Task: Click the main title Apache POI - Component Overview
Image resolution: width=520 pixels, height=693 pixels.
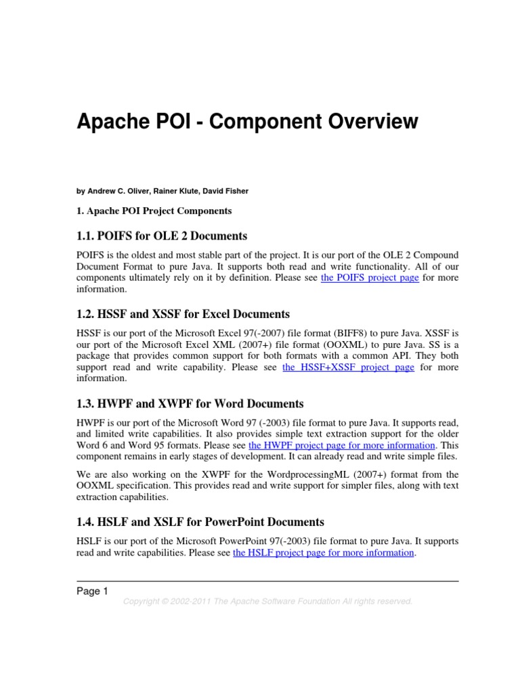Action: pos(247,122)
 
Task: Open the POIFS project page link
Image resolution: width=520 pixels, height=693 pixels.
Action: pos(370,278)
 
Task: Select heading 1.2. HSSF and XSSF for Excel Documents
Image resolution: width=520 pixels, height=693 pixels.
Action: pos(183,315)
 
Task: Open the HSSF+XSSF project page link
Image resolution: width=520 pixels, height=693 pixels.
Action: pos(348,367)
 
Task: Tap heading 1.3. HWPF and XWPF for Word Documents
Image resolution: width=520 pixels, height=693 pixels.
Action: pos(190,404)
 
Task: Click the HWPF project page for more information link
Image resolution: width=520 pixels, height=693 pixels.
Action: pos(342,445)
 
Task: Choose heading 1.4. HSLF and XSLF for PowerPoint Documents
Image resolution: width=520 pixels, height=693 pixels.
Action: pos(200,522)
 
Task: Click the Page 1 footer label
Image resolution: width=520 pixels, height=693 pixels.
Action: pos(92,591)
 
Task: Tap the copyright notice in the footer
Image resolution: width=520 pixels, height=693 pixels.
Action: pos(267,601)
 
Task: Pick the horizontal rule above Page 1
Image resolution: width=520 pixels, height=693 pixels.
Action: pos(267,581)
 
